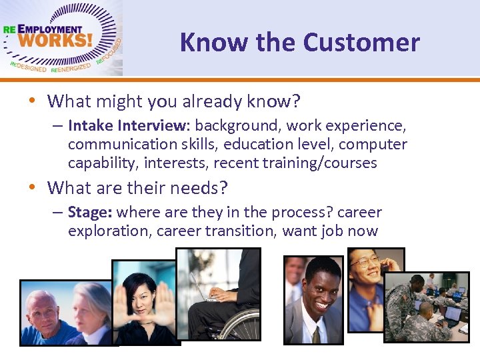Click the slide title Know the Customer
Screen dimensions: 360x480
tap(299, 43)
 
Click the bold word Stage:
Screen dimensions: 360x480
tap(89, 213)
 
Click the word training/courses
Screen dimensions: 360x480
tap(326, 163)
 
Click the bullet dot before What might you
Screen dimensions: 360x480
tap(33, 101)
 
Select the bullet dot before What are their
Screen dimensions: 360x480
tap(33, 188)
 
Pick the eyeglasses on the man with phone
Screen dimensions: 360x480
tap(365, 261)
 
